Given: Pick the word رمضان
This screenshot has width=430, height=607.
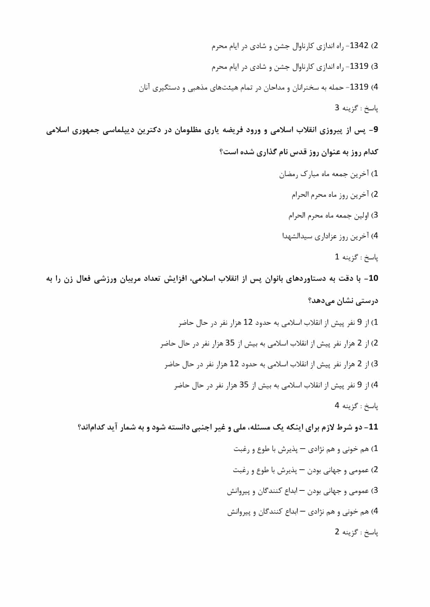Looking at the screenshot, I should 289,174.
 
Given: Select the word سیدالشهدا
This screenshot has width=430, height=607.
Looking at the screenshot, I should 297,237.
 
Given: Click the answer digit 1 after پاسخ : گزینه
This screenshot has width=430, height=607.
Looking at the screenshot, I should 337,257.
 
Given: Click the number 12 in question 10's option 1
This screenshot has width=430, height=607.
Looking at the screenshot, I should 248,322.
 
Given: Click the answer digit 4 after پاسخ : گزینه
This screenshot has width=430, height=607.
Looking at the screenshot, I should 337,405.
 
